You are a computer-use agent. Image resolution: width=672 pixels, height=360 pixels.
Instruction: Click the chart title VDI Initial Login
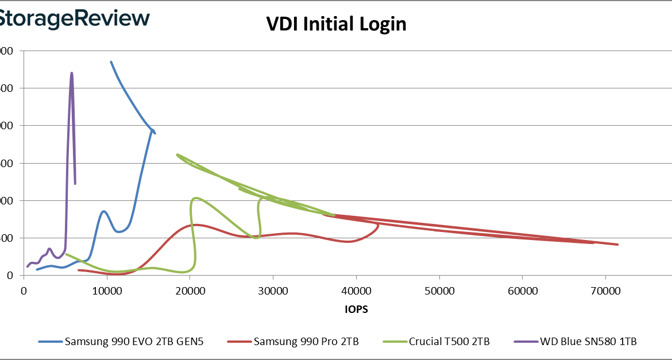coord(336,24)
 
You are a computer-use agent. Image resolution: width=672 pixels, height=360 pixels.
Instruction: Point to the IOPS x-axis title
coord(357,309)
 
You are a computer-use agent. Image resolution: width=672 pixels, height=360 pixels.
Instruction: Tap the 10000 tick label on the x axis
coord(107,291)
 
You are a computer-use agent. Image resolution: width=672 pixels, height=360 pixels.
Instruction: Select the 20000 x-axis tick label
coord(190,291)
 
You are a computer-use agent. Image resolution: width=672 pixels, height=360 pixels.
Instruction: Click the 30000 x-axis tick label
coord(273,291)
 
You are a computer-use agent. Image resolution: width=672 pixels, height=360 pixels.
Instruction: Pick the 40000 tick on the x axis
coord(357,291)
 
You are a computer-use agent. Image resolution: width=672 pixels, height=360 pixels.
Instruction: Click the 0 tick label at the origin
coord(23,291)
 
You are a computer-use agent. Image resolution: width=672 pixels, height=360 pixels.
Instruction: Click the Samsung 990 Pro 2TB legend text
coord(306,342)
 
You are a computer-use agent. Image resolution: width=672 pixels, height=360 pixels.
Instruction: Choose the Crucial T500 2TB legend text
coord(449,342)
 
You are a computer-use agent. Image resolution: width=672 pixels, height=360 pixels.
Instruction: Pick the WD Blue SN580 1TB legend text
coord(588,342)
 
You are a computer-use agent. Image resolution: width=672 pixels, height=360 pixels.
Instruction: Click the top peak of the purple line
coord(72,73)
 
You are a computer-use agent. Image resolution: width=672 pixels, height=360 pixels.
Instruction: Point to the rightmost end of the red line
coord(618,245)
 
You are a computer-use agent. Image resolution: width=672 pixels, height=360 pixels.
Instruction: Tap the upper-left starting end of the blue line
coord(111,61)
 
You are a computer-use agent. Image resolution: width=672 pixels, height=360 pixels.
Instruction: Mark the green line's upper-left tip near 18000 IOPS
coord(177,154)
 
